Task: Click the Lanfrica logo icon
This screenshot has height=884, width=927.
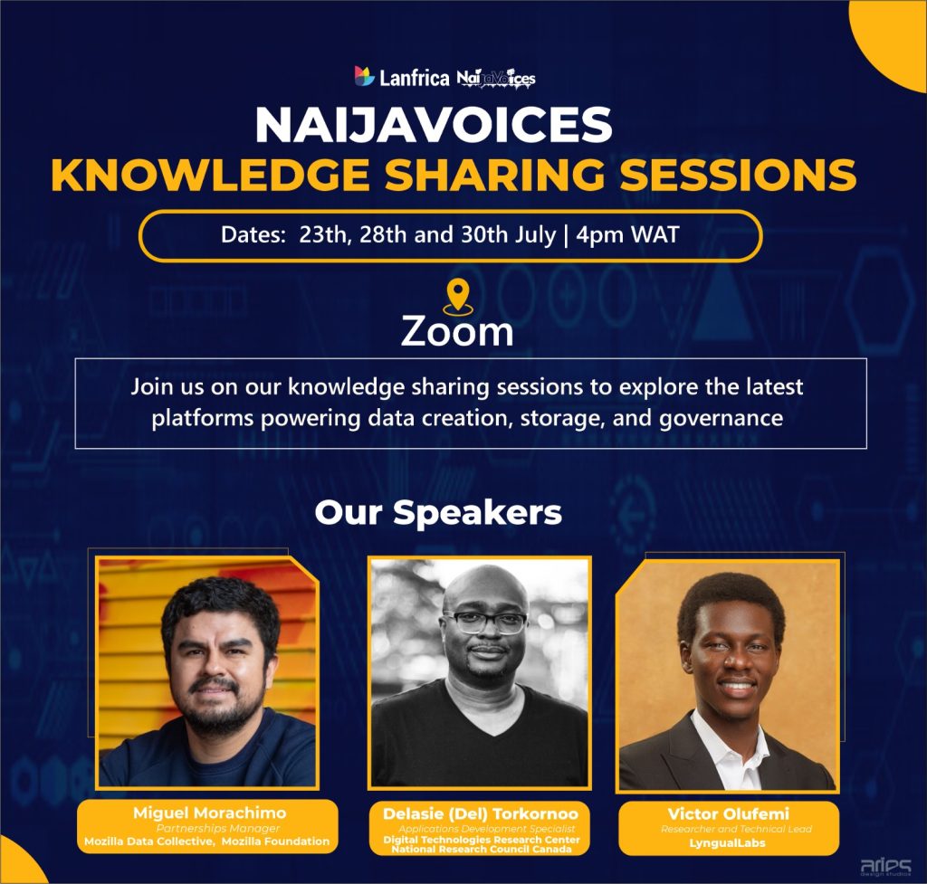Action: pos(364,76)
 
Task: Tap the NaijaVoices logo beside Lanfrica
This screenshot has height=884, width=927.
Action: pos(496,78)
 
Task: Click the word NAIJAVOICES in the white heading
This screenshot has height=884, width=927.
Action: pos(434,125)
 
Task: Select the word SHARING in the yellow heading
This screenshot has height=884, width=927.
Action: pos(494,175)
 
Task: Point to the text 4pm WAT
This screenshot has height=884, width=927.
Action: pos(627,234)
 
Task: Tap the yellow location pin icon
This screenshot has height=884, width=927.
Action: pos(457,297)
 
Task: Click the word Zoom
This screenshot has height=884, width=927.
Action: pos(457,331)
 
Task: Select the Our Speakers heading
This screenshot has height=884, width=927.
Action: pos(438,512)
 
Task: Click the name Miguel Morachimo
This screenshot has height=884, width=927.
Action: pos(209,813)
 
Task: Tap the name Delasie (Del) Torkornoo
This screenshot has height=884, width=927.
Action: pos(481,813)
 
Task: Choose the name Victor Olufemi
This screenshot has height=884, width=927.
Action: pos(729,813)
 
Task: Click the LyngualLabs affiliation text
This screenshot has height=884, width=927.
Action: pos(727,843)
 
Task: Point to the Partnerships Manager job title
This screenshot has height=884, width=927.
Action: pos(217,828)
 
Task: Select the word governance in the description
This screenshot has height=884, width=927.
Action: pos(721,418)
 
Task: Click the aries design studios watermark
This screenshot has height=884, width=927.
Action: pos(885,867)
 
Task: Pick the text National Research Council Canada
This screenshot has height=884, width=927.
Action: pos(482,849)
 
